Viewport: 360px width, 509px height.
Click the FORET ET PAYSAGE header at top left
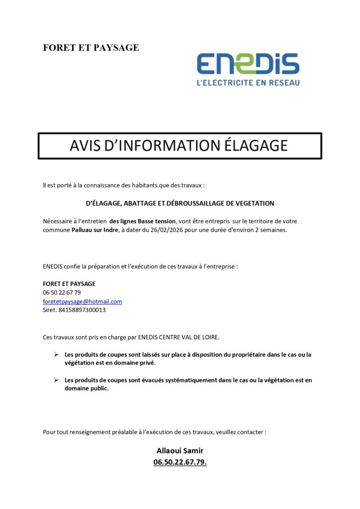click(x=91, y=48)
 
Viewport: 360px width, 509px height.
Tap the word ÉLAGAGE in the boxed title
click(x=256, y=145)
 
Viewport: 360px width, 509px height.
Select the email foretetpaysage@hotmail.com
click(x=83, y=302)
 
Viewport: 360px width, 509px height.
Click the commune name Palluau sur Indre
click(x=94, y=230)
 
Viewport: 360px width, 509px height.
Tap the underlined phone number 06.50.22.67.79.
click(x=180, y=462)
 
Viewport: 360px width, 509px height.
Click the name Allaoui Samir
click(x=180, y=451)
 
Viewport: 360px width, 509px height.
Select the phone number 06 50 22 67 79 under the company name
click(x=62, y=293)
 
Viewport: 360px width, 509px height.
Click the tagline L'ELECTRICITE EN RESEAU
click(x=248, y=83)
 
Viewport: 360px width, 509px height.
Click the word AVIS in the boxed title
click(x=87, y=145)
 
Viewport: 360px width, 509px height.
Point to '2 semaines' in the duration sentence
click(x=272, y=230)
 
